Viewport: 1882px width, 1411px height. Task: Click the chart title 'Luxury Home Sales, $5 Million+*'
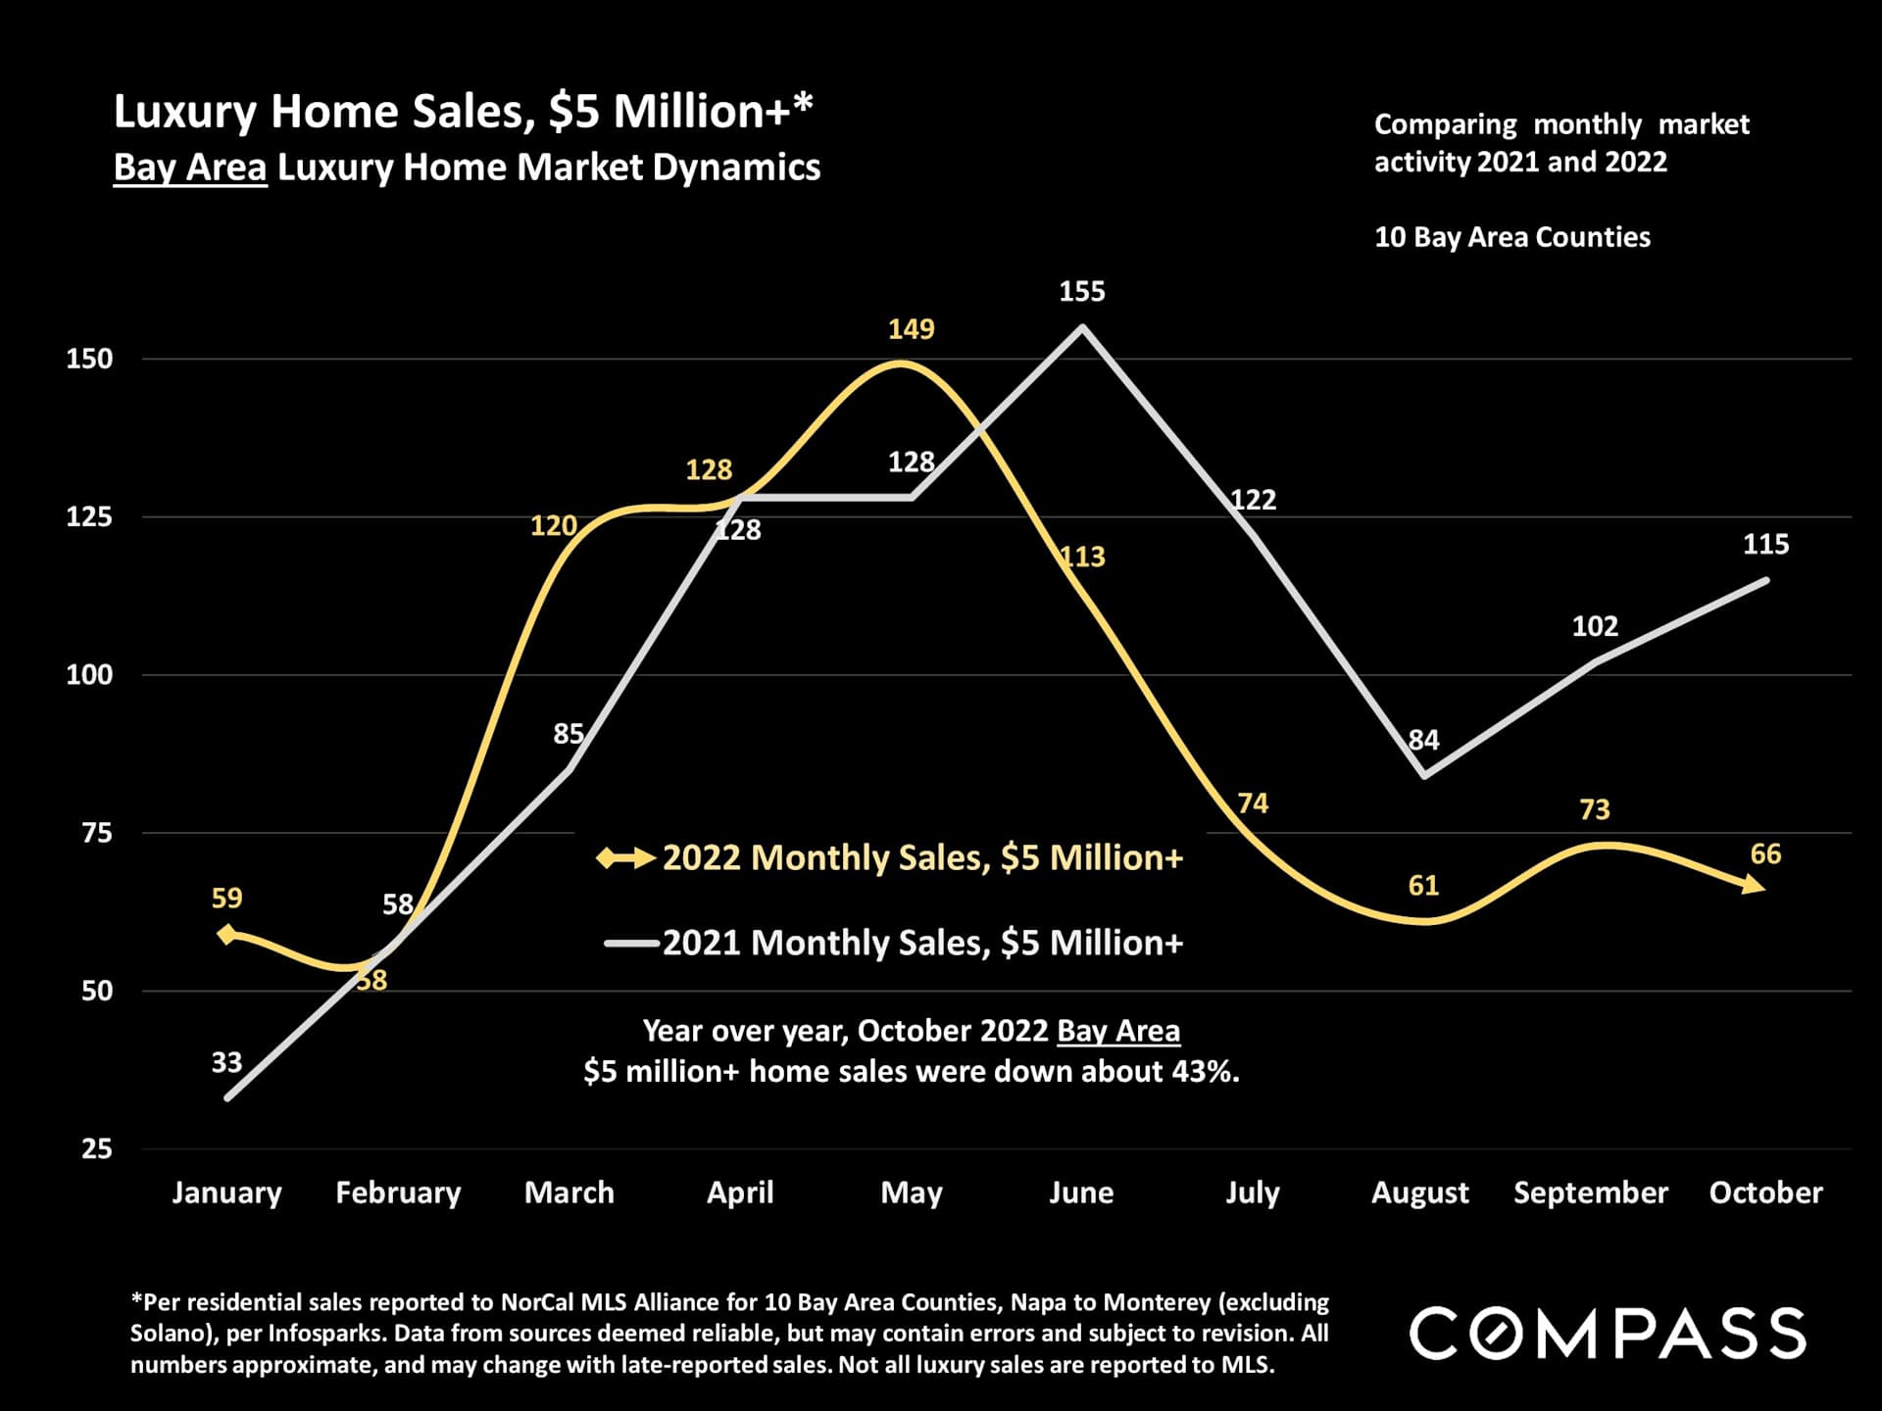coord(463,112)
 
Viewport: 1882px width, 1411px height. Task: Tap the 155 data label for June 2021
coord(1081,292)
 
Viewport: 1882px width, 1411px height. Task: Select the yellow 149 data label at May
coord(911,329)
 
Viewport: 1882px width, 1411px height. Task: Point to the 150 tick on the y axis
coord(89,359)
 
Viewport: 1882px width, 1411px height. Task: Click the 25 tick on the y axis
coord(96,1148)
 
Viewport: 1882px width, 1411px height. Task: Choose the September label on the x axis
coord(1590,1192)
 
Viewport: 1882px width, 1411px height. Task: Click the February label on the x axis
coord(398,1192)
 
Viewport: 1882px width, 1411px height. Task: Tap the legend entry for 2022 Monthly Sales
coord(921,858)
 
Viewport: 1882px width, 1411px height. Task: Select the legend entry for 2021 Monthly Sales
coord(921,943)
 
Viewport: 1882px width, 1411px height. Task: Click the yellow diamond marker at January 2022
coord(227,934)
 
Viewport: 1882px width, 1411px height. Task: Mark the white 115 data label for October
coord(1765,545)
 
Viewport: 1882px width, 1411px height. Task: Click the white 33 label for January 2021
coord(226,1062)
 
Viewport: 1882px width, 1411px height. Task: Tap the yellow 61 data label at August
coord(1423,886)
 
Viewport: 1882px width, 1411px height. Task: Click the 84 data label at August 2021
coord(1423,740)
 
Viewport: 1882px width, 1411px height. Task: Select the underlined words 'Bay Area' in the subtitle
coord(190,168)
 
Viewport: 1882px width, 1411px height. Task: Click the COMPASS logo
coord(1608,1333)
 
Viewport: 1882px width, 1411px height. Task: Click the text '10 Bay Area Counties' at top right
coord(1511,237)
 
